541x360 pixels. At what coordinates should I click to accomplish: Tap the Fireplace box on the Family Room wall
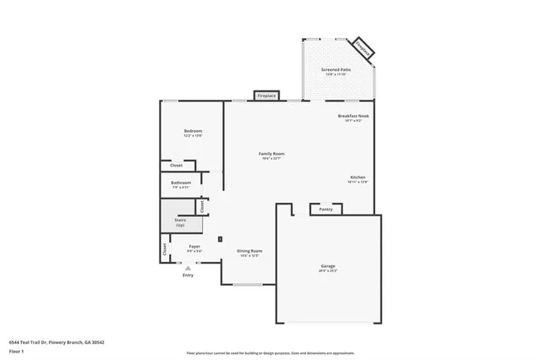coord(266,96)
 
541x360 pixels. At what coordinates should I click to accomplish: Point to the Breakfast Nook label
coord(353,116)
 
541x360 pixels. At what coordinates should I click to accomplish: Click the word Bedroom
coord(193,131)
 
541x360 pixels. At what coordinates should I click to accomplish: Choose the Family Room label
coord(271,154)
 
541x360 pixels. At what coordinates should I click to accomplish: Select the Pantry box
coord(325,209)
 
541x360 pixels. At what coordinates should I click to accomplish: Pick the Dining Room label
coord(249,250)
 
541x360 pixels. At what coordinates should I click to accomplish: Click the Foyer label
coord(194,247)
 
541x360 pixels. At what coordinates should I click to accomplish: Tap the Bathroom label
coord(181,183)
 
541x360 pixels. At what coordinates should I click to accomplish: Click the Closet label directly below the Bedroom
coord(176,166)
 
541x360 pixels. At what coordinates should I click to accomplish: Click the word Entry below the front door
coord(188,275)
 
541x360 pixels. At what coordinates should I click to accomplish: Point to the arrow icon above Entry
coord(188,268)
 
